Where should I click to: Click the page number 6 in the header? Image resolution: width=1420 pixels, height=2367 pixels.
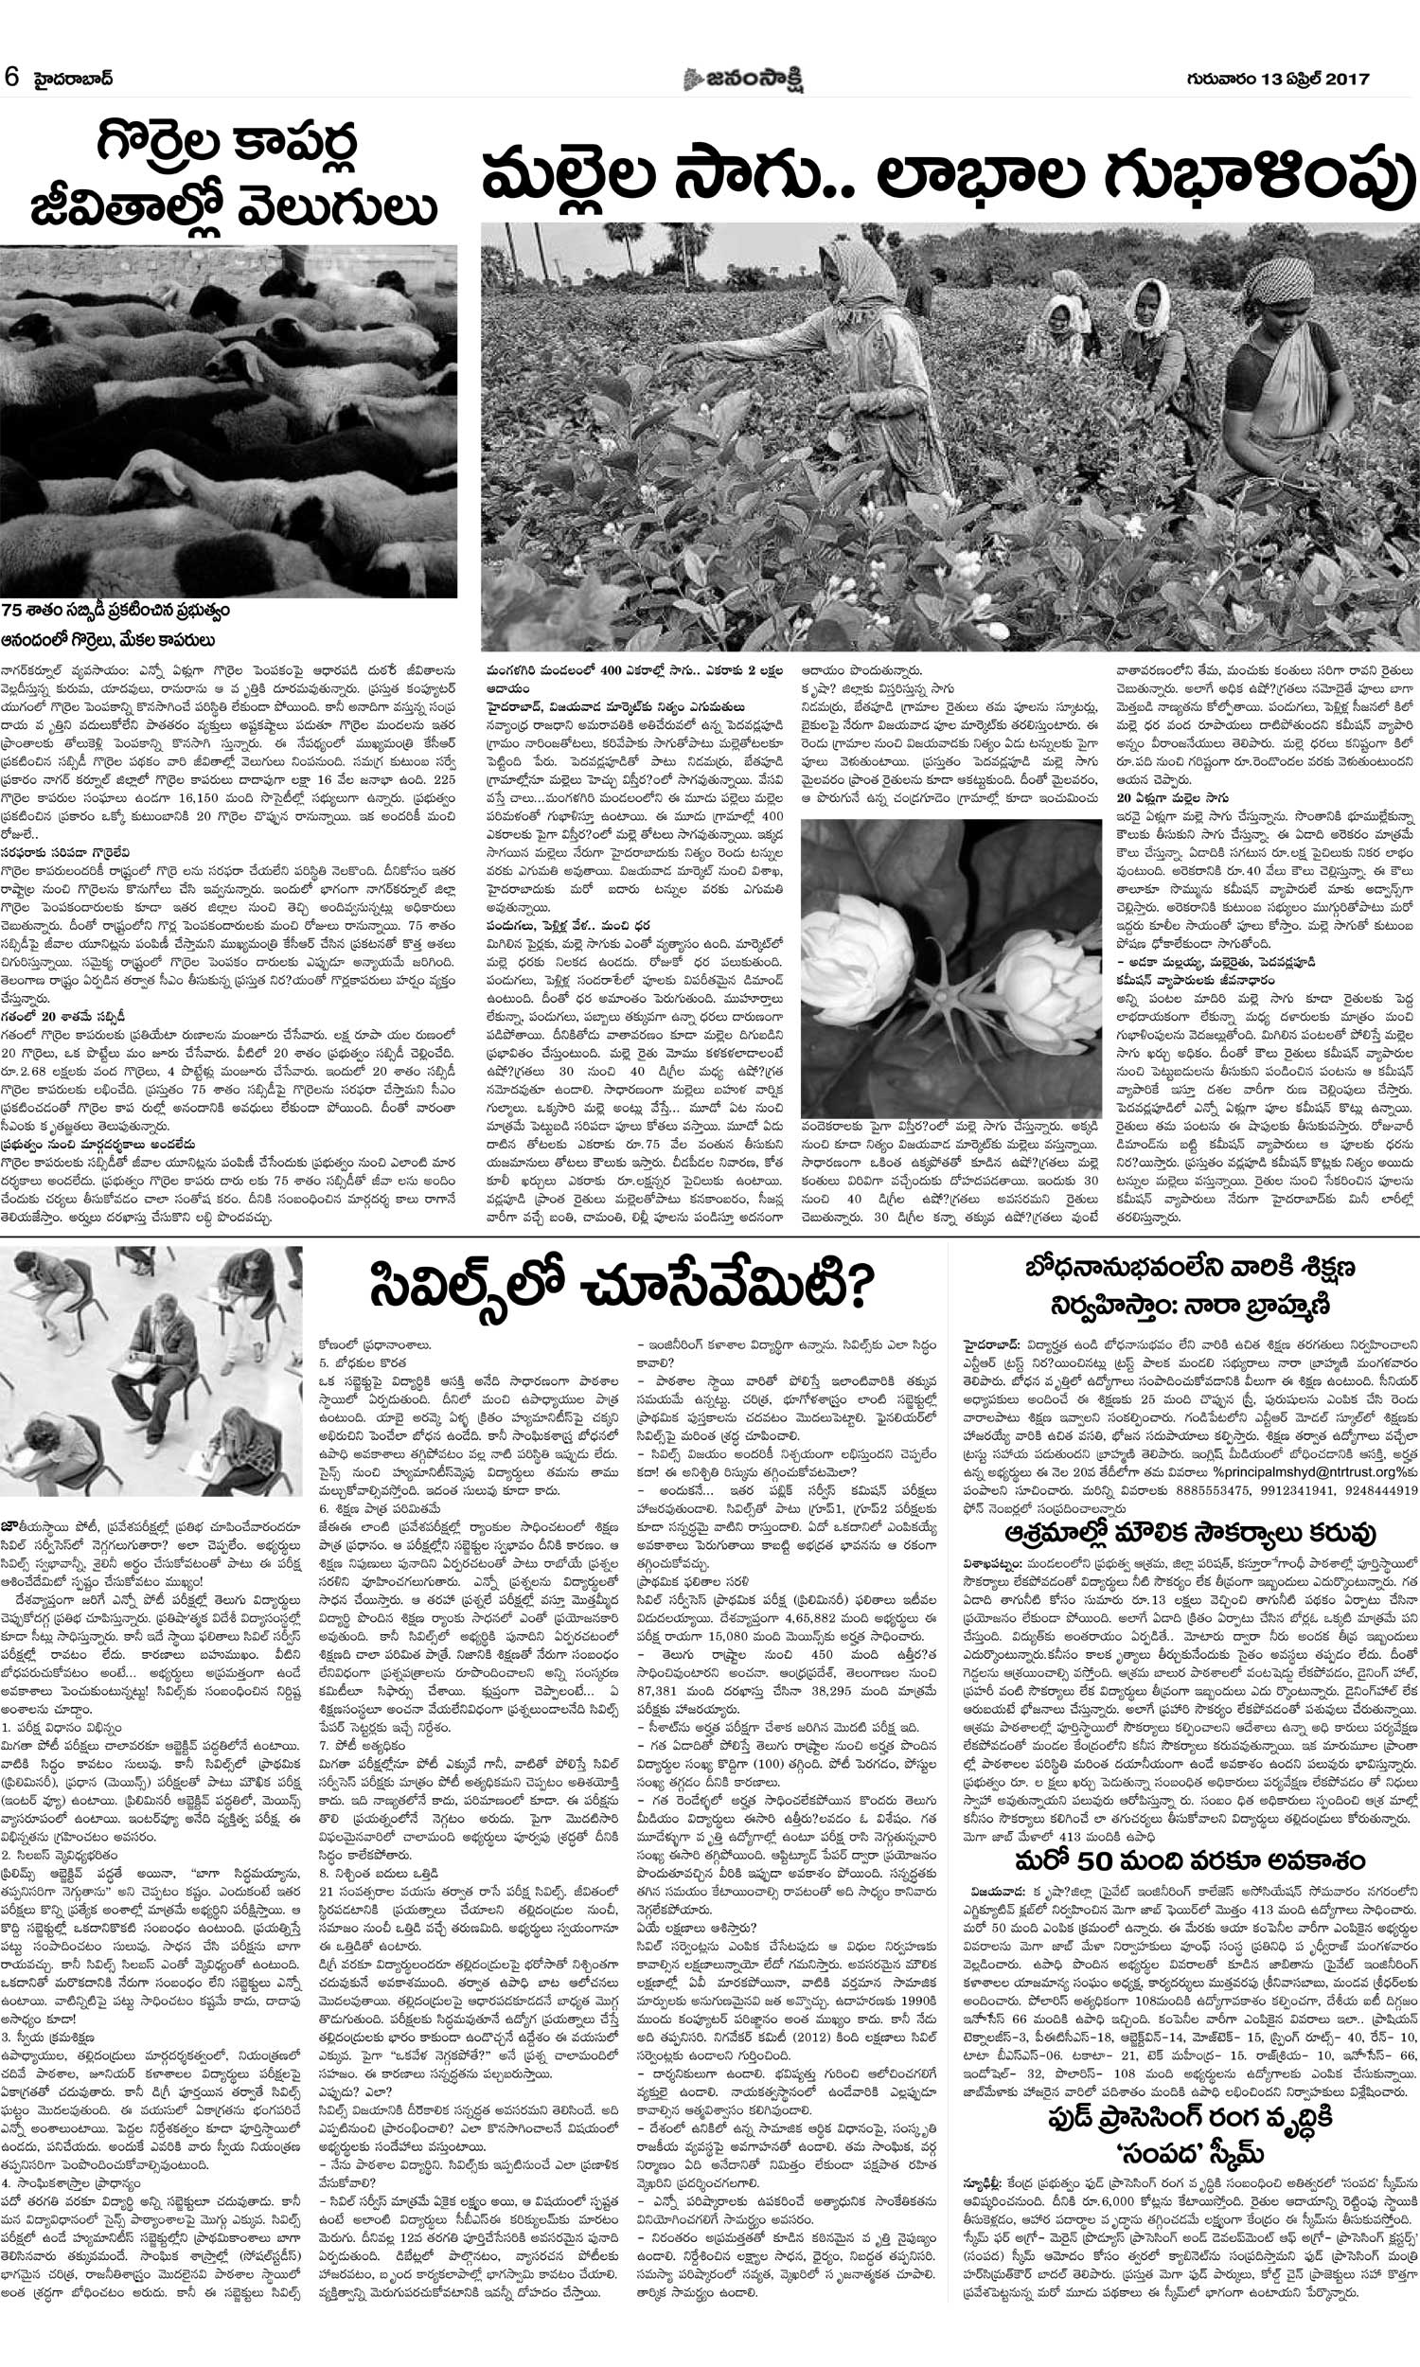[x=11, y=79]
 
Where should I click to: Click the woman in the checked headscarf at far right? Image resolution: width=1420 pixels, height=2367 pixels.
[x=1279, y=354]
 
